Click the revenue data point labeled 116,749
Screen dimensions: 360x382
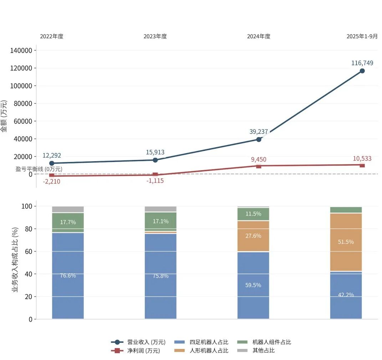(x=362, y=71)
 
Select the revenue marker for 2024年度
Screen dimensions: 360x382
(x=259, y=139)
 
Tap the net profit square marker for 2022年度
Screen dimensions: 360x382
(x=52, y=175)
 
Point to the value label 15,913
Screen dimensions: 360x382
(x=155, y=152)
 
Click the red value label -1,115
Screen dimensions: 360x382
(x=155, y=181)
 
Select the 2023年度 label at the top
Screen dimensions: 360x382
(x=155, y=36)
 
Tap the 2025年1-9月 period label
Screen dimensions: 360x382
(x=362, y=36)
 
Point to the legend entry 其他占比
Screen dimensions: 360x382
(x=264, y=351)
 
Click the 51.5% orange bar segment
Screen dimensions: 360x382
(x=346, y=242)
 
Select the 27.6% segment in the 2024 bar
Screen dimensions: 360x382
(x=253, y=236)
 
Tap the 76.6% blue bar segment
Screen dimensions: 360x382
(x=68, y=275)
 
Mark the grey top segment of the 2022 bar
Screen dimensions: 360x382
(x=68, y=209)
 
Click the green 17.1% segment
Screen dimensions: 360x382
(x=161, y=221)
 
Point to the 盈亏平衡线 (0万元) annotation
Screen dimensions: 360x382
(x=39, y=169)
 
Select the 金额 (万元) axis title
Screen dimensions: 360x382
(x=4, y=116)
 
